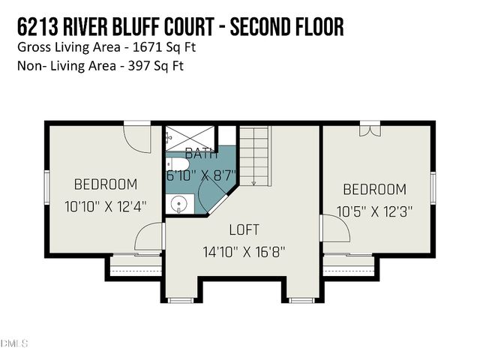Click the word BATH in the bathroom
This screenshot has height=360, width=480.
coord(201,155)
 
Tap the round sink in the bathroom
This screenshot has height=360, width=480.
coord(178,203)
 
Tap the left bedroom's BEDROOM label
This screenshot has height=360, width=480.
coord(105,184)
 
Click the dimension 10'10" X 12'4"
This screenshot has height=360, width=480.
coord(105,205)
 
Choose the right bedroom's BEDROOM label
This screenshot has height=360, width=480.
coord(375,190)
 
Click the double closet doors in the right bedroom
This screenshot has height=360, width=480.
coord(369,130)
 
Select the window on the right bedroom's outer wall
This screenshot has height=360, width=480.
coord(433,184)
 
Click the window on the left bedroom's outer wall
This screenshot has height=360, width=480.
coord(46,184)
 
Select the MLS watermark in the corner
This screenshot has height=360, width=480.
coord(14,344)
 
